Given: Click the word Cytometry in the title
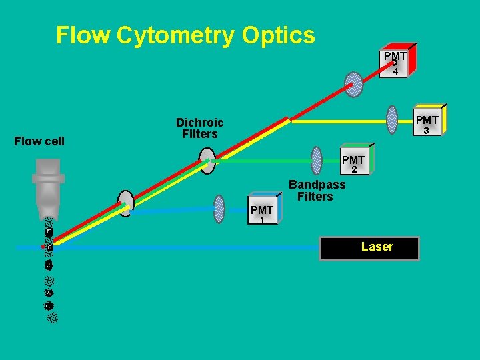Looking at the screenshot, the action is point(175,35).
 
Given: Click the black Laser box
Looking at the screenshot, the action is point(370,247).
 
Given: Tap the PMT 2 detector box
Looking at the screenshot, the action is point(354,162).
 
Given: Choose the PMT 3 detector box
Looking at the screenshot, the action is point(427,123).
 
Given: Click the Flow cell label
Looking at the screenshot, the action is point(40,141).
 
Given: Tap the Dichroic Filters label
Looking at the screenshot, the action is point(199,128).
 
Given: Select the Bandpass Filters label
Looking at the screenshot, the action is point(317,190).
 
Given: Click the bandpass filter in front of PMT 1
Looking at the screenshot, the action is point(219,209).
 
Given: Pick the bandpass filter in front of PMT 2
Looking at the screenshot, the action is point(317,158).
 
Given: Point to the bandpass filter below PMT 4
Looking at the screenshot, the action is point(354,85).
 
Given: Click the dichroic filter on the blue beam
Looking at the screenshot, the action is point(125,203).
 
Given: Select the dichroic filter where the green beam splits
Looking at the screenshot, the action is point(208,161).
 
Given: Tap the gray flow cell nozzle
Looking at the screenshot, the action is point(48,186).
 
